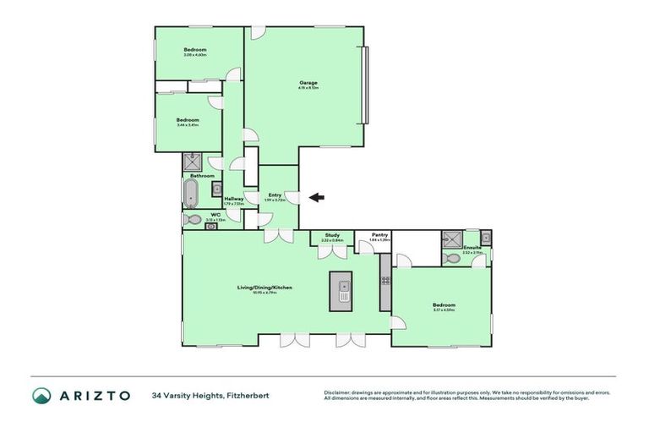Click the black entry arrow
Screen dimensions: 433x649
tap(316, 198)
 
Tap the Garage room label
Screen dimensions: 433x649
tap(308, 83)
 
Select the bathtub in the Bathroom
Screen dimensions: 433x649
tap(191, 194)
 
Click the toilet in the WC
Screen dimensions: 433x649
tap(194, 220)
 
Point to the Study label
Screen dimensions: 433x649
tap(332, 236)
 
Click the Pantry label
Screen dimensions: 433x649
tap(379, 236)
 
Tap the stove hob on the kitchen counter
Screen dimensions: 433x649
tap(385, 278)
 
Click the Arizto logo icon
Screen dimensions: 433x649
tap(42, 396)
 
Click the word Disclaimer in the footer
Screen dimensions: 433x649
tap(338, 392)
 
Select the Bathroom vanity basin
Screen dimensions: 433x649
tap(216, 189)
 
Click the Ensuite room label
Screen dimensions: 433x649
tap(472, 248)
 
